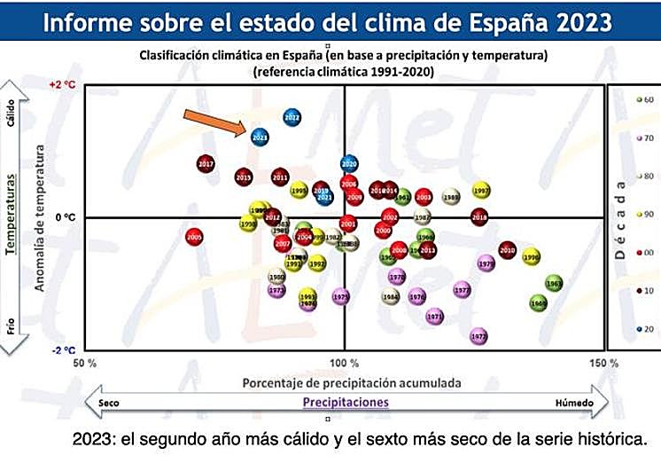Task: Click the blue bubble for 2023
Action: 260,137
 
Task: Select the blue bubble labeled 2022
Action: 292,117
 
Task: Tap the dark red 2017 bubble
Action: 206,164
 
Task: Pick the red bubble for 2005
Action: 195,237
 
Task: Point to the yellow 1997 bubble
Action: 482,191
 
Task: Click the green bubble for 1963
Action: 554,284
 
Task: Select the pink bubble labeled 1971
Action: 434,316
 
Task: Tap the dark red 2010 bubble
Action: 507,250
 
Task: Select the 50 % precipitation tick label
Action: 84,363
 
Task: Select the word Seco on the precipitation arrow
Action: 109,403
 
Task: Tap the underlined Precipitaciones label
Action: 346,403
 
